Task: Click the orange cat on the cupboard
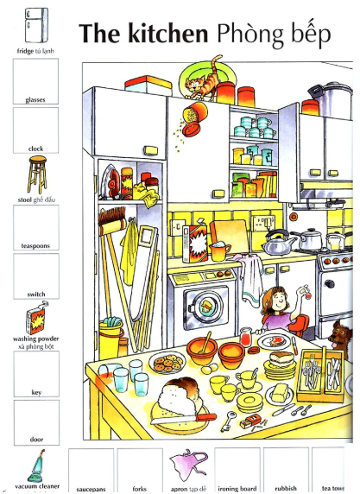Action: pos(204,79)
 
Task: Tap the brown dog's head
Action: pos(339,336)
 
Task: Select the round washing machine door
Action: pos(205,307)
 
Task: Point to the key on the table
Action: pos(228,421)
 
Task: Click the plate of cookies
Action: pos(167,363)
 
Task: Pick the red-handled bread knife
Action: pos(183,419)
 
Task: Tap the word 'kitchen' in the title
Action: pos(167,34)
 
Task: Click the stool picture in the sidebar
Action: pos(37,174)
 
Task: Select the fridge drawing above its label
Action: pos(36,25)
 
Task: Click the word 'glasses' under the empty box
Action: pos(35,100)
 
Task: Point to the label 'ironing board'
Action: pos(237,488)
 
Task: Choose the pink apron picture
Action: pos(188,465)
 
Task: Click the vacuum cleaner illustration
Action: pos(36,465)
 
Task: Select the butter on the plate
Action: pos(280,393)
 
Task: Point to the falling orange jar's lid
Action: pos(191,130)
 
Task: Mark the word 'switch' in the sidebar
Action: pos(36,294)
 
